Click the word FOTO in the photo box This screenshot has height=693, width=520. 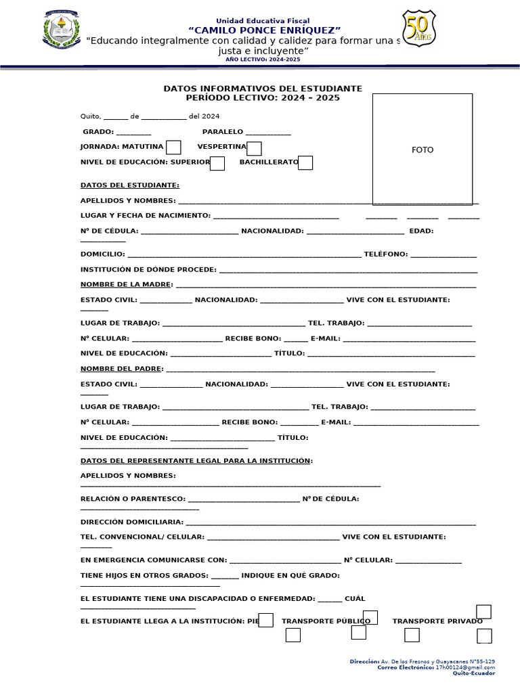click(x=422, y=150)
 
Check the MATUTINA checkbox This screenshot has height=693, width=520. click(x=173, y=147)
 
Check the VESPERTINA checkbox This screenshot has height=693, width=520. click(x=254, y=148)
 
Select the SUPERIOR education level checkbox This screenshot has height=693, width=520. click(x=217, y=163)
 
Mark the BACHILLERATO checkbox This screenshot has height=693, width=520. click(x=305, y=162)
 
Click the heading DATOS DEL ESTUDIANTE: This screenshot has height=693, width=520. click(x=130, y=185)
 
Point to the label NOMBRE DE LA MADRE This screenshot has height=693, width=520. click(x=126, y=284)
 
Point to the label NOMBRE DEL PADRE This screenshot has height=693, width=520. click(x=122, y=369)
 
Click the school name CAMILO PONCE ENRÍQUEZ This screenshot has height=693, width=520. click(x=264, y=30)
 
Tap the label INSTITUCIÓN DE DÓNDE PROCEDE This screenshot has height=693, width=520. click(x=148, y=269)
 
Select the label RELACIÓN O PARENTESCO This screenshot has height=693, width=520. click(x=133, y=499)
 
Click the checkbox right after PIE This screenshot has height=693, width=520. click(x=266, y=620)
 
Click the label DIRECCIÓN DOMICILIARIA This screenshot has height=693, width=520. click(x=131, y=522)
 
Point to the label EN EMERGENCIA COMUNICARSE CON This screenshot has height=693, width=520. click(x=153, y=560)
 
